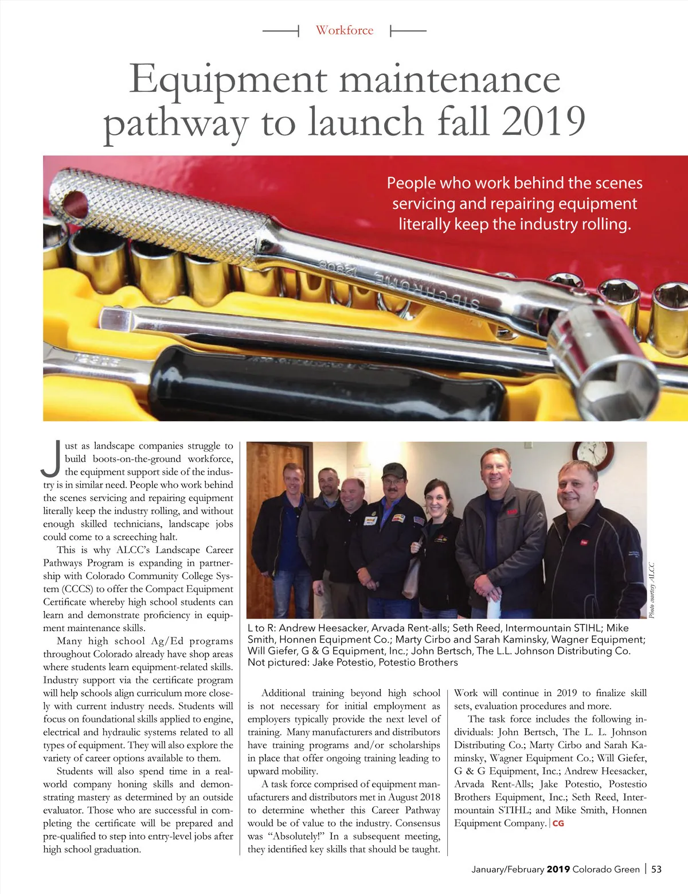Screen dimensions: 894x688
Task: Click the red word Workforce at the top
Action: coord(344,30)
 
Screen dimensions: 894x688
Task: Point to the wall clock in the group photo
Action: coord(593,453)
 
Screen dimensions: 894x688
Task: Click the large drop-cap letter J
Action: coord(52,459)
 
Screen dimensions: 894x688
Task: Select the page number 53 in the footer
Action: coord(656,869)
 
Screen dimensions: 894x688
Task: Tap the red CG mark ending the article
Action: coord(558,823)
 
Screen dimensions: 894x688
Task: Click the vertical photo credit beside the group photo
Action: coord(651,590)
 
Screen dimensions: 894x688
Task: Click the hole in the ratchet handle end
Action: coord(75,204)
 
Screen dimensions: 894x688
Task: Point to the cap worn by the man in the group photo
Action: coord(394,471)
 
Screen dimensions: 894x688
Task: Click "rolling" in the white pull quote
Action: coord(607,224)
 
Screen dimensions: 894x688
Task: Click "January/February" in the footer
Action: coord(507,869)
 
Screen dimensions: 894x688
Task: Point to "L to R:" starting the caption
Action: coord(261,628)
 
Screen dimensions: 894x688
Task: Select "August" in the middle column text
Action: coord(404,797)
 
